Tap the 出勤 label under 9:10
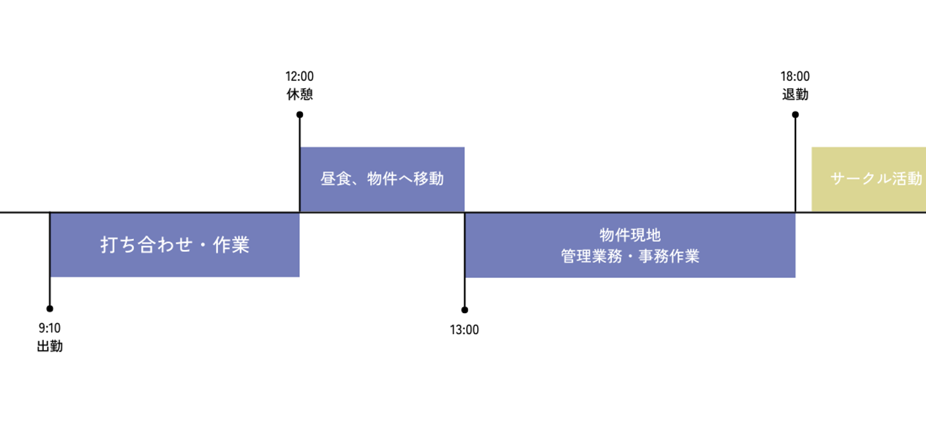point(50,346)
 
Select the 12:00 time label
point(300,77)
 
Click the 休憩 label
point(300,94)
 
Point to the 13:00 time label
point(464,330)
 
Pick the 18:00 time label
point(795,77)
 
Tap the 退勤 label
point(795,94)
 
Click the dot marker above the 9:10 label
point(50,309)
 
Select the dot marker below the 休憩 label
point(300,115)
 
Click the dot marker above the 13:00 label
point(464,310)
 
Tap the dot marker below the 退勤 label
point(795,115)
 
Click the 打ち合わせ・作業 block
point(174,245)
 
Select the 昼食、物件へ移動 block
point(382,179)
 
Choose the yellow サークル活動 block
point(869,179)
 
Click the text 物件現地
point(630,236)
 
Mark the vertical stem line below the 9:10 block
point(50,292)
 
